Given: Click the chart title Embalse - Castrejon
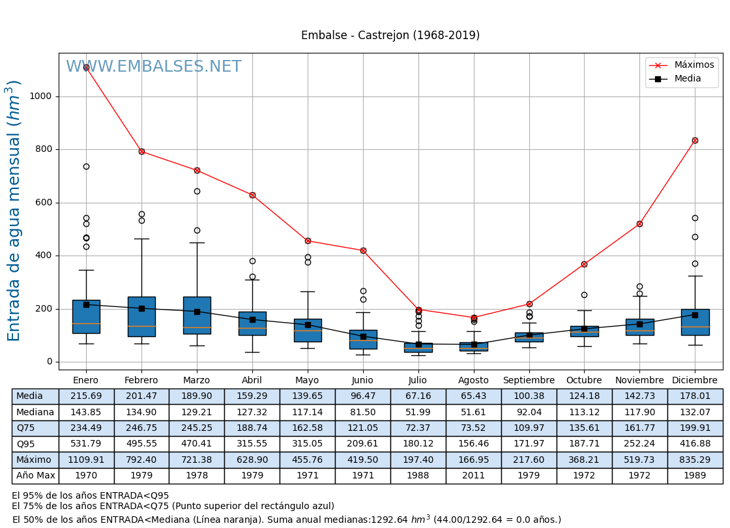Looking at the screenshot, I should pyautogui.click(x=390, y=35).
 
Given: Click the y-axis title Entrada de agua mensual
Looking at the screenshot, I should pyautogui.click(x=14, y=211).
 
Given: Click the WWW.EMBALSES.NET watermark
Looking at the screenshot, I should pyautogui.click(x=154, y=67).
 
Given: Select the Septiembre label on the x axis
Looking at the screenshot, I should pyautogui.click(x=529, y=381).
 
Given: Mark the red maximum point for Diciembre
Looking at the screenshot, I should pyautogui.click(x=695, y=140).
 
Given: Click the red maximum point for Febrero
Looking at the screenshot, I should pyautogui.click(x=141, y=151).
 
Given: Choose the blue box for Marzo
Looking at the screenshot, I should pyautogui.click(x=197, y=315).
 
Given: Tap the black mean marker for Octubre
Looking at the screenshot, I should pyautogui.click(x=584, y=329).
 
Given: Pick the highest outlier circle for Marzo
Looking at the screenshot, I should pyautogui.click(x=197, y=191).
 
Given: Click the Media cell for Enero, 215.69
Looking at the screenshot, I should pyautogui.click(x=86, y=396).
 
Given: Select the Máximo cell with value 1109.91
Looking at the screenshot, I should pyautogui.click(x=86, y=460).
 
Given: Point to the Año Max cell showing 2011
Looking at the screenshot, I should pyautogui.click(x=473, y=476).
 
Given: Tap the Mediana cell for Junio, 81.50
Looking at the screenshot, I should pyautogui.click(x=362, y=412).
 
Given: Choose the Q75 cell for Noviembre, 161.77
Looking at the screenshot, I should pyautogui.click(x=639, y=428).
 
